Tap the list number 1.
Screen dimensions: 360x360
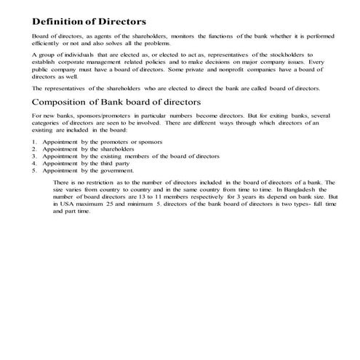click(35, 141)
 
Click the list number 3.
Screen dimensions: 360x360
click(35, 156)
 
